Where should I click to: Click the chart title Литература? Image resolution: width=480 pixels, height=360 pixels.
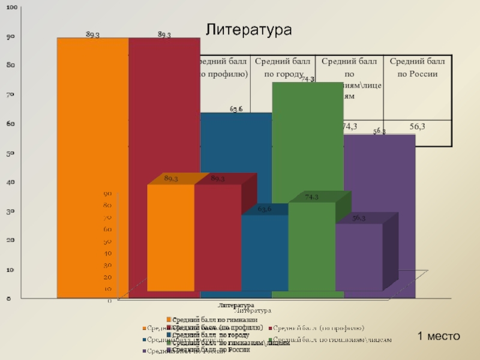click(x=248, y=30)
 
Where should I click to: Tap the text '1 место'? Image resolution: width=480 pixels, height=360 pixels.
click(x=438, y=336)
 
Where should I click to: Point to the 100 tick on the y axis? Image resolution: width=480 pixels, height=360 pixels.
click(x=11, y=7)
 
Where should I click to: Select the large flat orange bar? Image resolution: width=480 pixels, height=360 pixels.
click(x=93, y=120)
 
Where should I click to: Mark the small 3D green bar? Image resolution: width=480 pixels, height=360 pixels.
click(x=311, y=246)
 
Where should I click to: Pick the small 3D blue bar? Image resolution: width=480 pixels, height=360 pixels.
click(x=264, y=252)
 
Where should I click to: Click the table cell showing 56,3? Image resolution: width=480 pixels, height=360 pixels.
click(x=418, y=126)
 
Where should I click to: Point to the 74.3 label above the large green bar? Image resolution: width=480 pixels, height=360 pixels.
click(x=308, y=79)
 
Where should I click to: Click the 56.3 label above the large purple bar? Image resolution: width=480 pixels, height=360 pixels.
click(x=379, y=131)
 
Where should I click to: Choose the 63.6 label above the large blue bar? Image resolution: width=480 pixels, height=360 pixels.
click(x=236, y=109)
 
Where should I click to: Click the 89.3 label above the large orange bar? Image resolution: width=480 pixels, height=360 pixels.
click(x=92, y=34)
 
